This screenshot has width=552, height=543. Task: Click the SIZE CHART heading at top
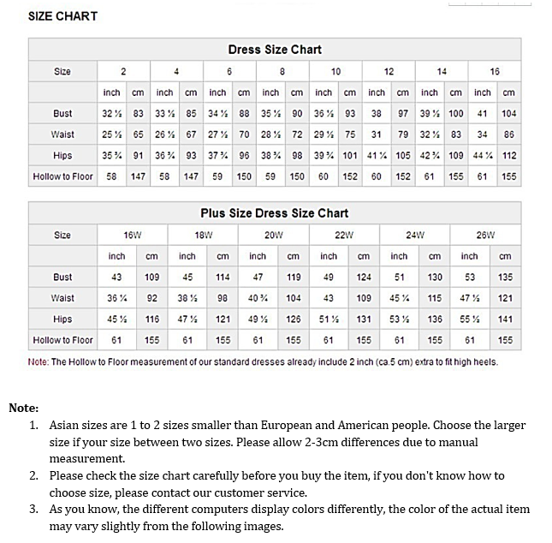[62, 16]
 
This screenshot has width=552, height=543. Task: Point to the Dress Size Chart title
[275, 50]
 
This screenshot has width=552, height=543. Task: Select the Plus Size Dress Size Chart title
[275, 213]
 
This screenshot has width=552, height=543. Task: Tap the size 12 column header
[389, 71]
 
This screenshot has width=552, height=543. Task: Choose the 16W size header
[133, 235]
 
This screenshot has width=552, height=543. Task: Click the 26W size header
[486, 235]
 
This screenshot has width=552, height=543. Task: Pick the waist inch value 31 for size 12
[377, 134]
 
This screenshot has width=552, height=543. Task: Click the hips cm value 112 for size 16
[509, 156]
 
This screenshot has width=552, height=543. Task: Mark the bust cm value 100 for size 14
[456, 113]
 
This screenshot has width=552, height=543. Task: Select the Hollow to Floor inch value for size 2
[111, 176]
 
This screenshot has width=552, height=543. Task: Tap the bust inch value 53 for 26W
[470, 277]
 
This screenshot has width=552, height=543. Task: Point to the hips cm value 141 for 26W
[505, 319]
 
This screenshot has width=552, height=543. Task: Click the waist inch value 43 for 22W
[329, 298]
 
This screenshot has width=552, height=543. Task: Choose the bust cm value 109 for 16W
[152, 277]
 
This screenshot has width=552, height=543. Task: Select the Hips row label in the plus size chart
[62, 319]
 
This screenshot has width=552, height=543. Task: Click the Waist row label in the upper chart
[62, 134]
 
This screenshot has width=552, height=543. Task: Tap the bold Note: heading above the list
[24, 408]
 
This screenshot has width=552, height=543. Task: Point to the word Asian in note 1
[66, 425]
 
